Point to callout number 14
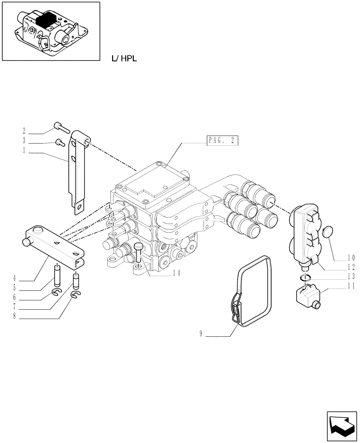177,273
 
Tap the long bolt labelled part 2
61,128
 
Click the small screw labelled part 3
59,142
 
